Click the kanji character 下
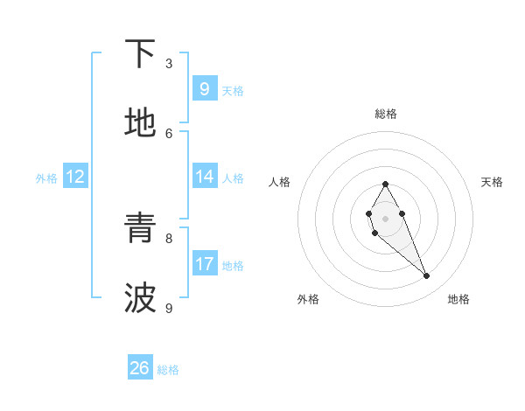coord(140,55)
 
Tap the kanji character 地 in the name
coord(140,123)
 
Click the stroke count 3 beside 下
coord(169,63)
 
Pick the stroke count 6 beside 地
coord(169,133)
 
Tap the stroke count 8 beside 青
coord(169,238)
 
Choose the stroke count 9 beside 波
coord(169,308)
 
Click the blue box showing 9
coord(204,89)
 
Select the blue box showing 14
coord(204,177)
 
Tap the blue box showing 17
coord(204,264)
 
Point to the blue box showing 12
coord(74,177)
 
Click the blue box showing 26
coord(140,368)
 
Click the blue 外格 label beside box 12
coord(46,178)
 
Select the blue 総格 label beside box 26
coord(168,370)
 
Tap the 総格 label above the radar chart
coord(385,114)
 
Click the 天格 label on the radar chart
coord(492,182)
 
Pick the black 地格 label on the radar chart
coord(458,300)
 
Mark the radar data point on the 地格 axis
coord(427,276)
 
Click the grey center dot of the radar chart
coord(385,218)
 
